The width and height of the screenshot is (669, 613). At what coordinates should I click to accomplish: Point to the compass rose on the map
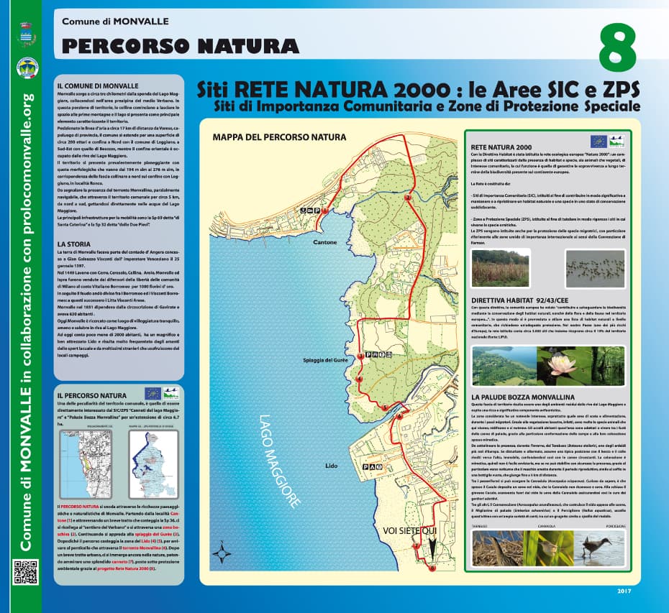[x=224, y=553]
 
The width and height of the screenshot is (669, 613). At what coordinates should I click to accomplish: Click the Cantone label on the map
[x=325, y=242]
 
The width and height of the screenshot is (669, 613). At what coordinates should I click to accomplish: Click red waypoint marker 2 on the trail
[x=408, y=197]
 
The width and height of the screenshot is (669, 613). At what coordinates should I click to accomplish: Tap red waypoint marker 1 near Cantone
[x=325, y=211]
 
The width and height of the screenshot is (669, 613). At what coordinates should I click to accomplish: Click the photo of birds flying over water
[x=595, y=267]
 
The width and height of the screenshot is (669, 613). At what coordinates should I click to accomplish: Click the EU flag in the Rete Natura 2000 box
[x=598, y=142]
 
